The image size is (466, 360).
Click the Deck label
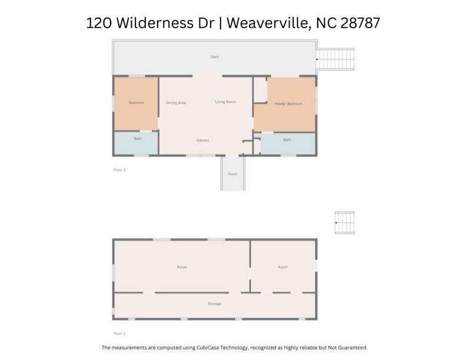tap(215, 56)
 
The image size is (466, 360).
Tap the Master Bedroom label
tap(288, 104)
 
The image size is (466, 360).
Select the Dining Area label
tap(176, 103)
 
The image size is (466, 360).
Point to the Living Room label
tap(225, 102)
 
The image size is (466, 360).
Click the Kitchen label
tap(202, 140)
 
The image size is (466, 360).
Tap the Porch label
tap(232, 174)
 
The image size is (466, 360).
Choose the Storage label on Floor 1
tap(215, 304)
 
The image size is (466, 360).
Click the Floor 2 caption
tap(119, 170)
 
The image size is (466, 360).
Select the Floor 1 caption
tap(119, 334)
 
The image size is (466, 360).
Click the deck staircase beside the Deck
tap(335, 59)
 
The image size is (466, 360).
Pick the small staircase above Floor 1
tap(344, 223)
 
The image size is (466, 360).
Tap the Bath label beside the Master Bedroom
tap(287, 139)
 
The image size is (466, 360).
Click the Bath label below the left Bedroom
tap(138, 139)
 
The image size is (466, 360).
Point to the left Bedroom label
tap(137, 103)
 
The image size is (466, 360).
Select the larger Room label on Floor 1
tap(182, 267)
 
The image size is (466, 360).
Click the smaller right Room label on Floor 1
tap(283, 267)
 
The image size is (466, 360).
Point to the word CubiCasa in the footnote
tap(208, 348)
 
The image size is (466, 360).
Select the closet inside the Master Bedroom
tap(260, 90)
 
